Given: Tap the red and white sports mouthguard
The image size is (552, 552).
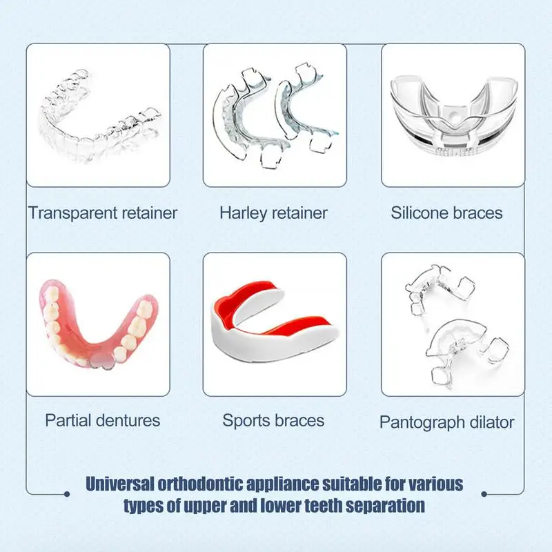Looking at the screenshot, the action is (x=275, y=319).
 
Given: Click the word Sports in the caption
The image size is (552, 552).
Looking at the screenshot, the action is (x=246, y=420).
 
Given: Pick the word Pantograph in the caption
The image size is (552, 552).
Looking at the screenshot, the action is (x=421, y=422).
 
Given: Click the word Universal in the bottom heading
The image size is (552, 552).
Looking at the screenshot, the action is (x=128, y=483).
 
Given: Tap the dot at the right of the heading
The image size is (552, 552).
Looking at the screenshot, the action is (x=484, y=493).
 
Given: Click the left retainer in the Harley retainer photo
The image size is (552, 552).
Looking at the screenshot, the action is (x=241, y=117).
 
